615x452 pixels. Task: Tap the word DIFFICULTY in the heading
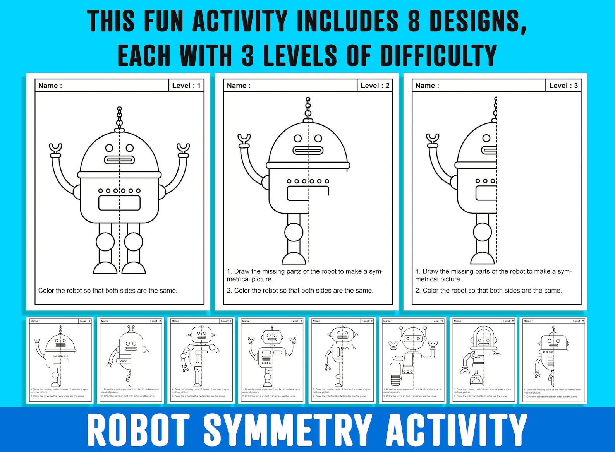pyautogui.click(x=438, y=55)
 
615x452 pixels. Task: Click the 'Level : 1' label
pyautogui.click(x=186, y=86)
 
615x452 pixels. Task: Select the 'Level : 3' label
pyautogui.click(x=563, y=86)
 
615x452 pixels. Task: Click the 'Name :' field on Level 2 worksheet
pyautogui.click(x=239, y=86)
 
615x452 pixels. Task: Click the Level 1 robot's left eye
pyautogui.click(x=110, y=148)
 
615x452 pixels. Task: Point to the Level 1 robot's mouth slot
pyautogui.click(x=119, y=160)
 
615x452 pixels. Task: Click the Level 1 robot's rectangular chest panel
pyautogui.click(x=119, y=203)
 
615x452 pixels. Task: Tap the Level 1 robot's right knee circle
pyautogui.click(x=134, y=242)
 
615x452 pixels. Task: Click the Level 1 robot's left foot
pyautogui.click(x=105, y=268)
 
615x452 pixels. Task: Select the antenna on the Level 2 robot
pyautogui.click(x=308, y=108)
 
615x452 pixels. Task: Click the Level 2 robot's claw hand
pyautogui.click(x=244, y=139)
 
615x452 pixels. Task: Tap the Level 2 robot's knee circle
pyautogui.click(x=294, y=232)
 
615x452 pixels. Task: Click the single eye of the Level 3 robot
pyautogui.click(x=486, y=138)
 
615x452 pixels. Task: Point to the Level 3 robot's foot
pyautogui.click(x=482, y=258)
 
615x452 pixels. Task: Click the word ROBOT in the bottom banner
pyautogui.click(x=138, y=430)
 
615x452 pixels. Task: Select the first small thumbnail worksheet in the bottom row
pyautogui.click(x=60, y=360)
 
